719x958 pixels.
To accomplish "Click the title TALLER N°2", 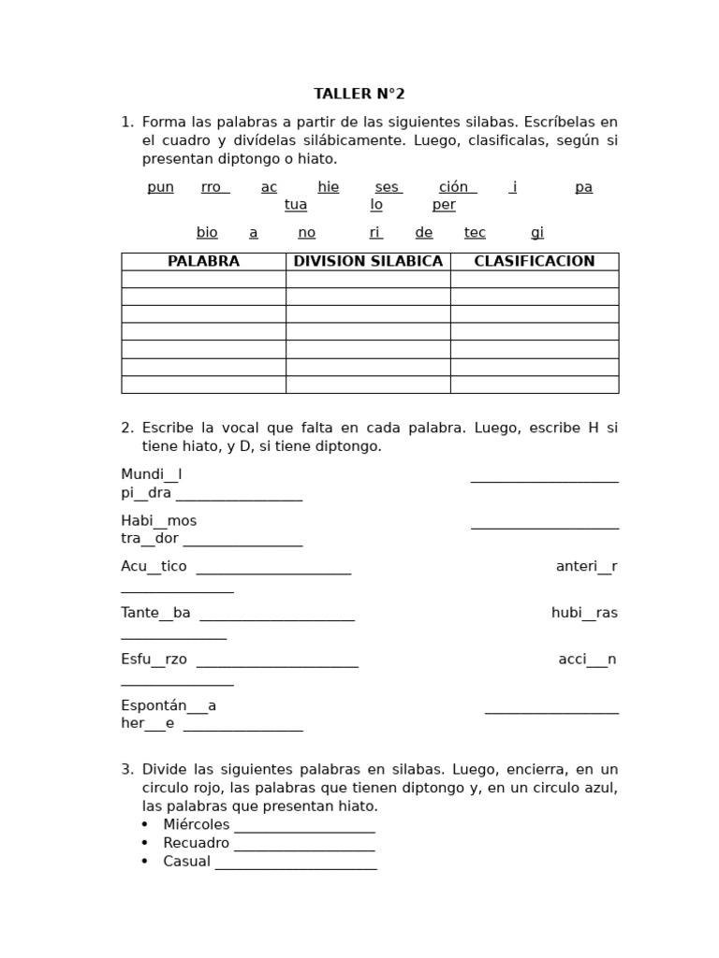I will click(359, 94).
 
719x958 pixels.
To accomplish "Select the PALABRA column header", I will click(203, 262).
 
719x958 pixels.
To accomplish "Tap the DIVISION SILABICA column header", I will click(368, 262).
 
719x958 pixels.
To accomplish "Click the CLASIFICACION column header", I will click(534, 262).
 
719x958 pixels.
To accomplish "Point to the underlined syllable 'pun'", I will click(160, 187).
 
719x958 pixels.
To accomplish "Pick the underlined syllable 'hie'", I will click(328, 187).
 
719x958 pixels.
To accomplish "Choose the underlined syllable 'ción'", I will click(456, 187).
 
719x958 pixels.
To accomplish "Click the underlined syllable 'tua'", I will click(296, 205).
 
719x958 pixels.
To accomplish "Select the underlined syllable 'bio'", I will click(207, 233).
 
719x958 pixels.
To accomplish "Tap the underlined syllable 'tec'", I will click(475, 233).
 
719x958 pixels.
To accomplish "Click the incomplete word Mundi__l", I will click(151, 475).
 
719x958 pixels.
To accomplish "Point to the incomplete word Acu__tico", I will click(154, 567).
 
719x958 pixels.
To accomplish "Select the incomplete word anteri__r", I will click(586, 567).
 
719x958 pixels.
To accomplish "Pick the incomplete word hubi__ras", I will click(584, 613).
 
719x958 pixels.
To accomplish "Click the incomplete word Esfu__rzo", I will click(154, 660).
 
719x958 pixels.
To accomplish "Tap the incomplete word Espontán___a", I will click(169, 705).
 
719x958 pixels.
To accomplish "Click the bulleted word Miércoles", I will click(196, 825).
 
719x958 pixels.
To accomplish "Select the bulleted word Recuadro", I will click(196, 844).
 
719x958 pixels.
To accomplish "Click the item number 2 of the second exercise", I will click(126, 428).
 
